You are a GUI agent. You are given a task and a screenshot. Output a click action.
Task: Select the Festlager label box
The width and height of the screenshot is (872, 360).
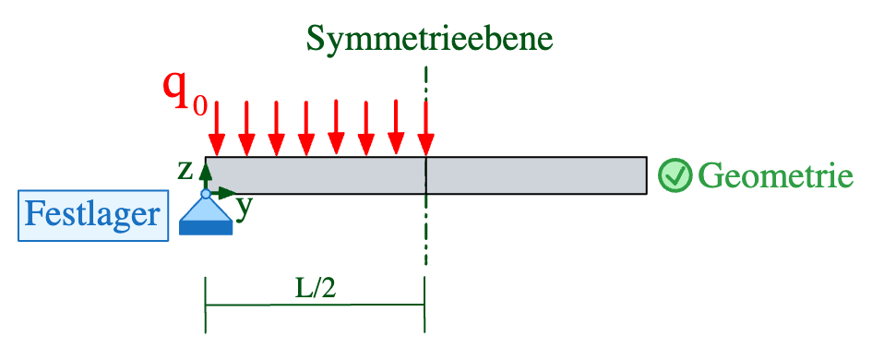point(92,214)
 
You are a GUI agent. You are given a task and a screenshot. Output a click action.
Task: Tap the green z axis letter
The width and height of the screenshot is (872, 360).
point(185,170)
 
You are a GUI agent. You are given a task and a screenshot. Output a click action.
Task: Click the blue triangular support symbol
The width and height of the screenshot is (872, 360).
point(206,213)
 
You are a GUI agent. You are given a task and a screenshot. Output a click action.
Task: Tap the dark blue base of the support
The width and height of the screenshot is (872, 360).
point(206,227)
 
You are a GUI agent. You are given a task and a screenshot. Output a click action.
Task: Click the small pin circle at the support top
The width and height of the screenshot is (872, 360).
point(206,193)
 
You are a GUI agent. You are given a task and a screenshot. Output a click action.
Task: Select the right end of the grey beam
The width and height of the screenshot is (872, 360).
point(643,175)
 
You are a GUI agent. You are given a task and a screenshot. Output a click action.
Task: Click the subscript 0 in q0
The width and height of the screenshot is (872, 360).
point(199,102)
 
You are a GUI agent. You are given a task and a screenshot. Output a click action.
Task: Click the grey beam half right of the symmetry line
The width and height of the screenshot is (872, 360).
point(535,175)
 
